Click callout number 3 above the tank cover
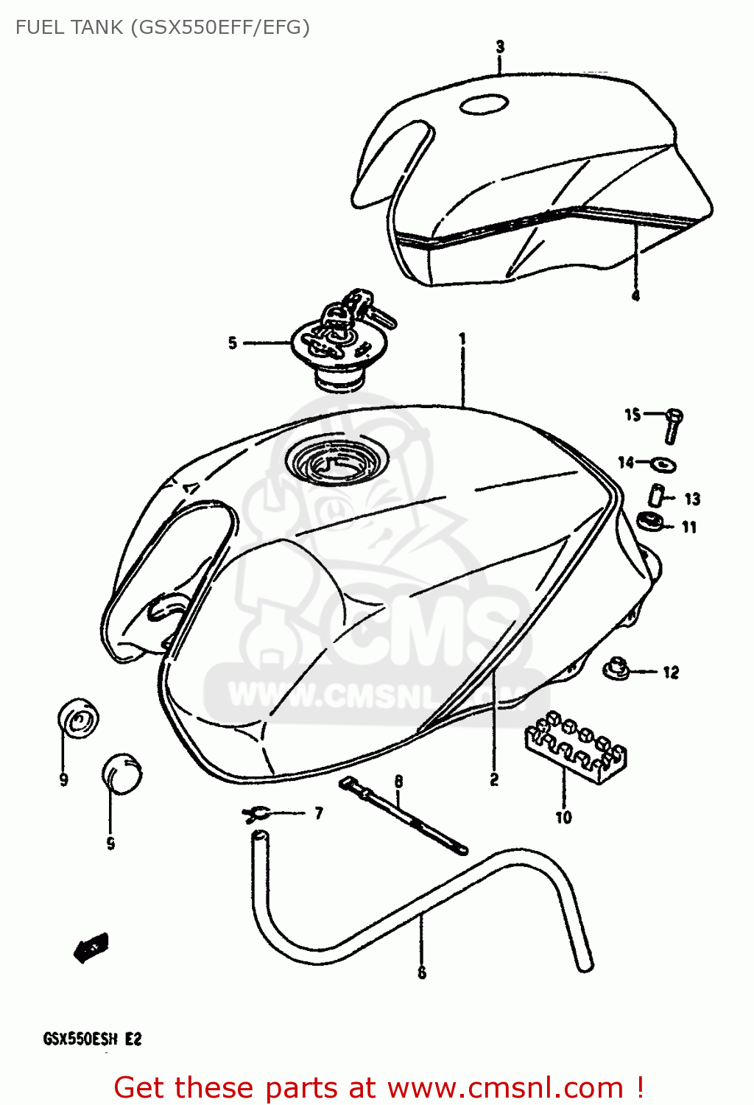pos(500,47)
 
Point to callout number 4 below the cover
pos(635,295)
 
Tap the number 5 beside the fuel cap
pos(233,343)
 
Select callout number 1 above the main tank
pos(462,339)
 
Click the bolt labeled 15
pos(672,425)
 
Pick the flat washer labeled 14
pos(665,465)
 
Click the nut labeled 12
pos(616,669)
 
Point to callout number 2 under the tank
pos(494,779)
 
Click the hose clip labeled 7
pos(256,813)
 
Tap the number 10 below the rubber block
pos(563,817)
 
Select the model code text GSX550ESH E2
pos(92,1039)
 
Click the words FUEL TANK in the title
pos(69,27)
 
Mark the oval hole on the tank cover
pos(484,105)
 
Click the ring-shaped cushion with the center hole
pos(79,718)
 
